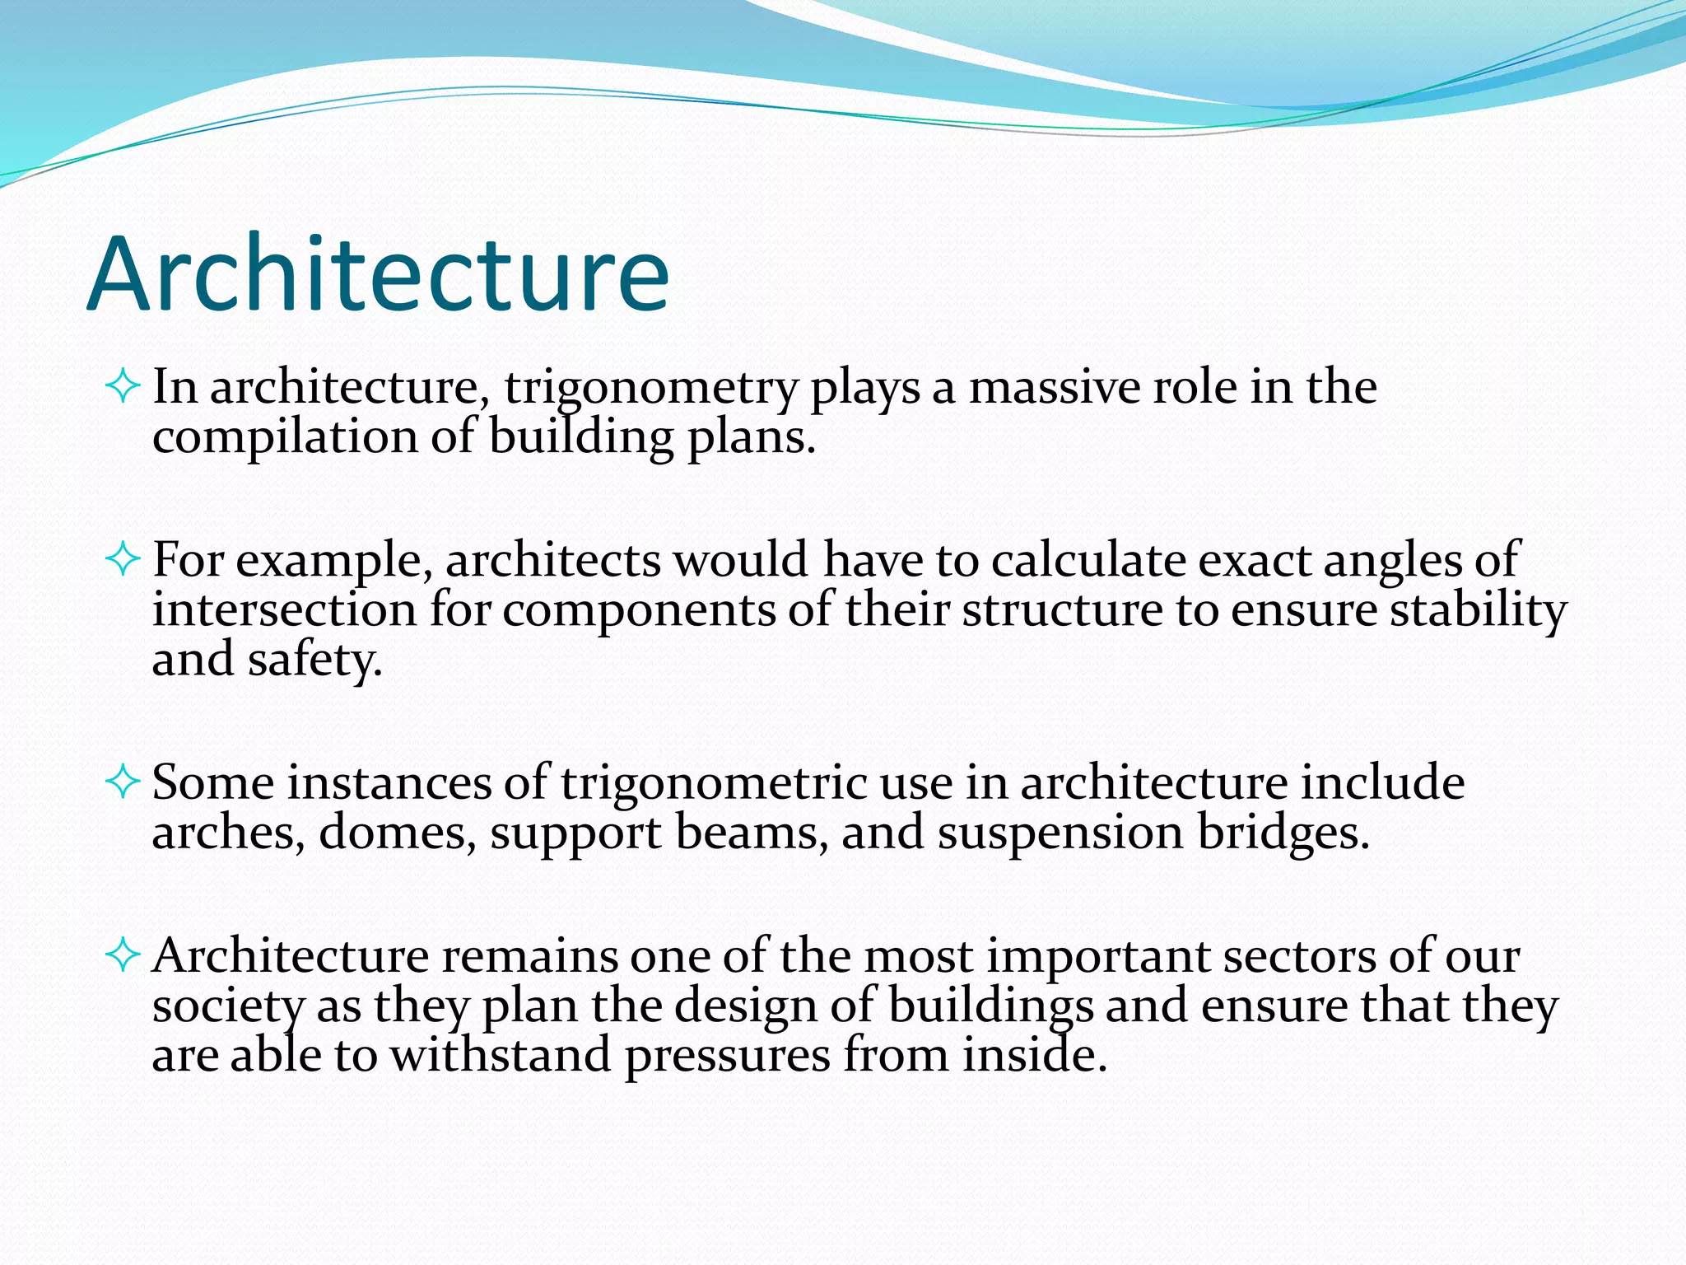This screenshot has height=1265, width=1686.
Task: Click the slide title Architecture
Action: point(378,274)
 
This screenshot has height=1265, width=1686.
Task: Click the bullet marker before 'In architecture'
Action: point(123,386)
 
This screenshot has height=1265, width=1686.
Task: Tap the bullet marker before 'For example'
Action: point(123,560)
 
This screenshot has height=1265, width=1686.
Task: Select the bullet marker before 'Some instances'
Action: point(123,782)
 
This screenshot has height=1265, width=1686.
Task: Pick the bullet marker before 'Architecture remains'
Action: point(123,955)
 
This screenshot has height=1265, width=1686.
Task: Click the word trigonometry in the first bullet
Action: point(650,388)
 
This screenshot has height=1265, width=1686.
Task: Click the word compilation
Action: point(285,437)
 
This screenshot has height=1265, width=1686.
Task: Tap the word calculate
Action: point(1088,560)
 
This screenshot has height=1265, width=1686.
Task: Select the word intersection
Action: point(284,610)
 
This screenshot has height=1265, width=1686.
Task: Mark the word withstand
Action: point(500,1056)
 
